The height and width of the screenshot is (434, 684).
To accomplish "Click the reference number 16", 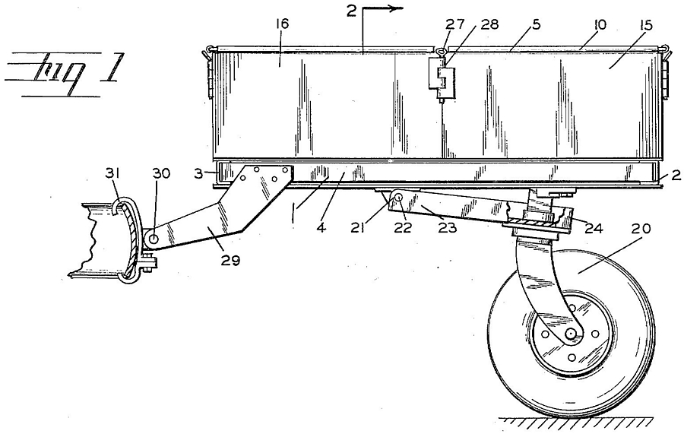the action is pos(282,24).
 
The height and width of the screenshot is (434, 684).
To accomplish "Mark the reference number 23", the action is pos(448,227).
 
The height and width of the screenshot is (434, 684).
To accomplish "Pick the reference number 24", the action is pos(594,227).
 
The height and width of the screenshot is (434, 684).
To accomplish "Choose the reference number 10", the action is pos(600,24).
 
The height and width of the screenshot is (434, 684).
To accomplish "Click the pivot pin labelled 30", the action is pos(154,239).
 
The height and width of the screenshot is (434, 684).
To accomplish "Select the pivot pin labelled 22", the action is pos(399,197).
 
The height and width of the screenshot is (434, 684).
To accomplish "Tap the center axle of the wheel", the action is pos(570,334).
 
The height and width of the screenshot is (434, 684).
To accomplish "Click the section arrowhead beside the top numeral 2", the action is pos(394,8).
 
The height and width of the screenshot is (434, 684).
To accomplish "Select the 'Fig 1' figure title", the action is pos(65,71).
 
